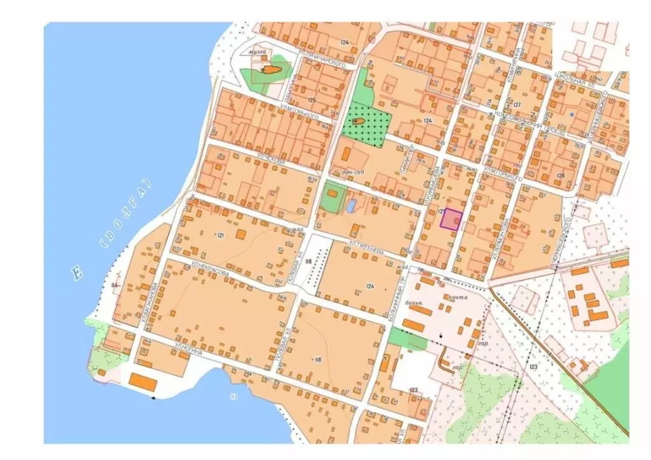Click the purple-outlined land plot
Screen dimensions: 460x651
452,219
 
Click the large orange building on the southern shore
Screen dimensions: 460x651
143,382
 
